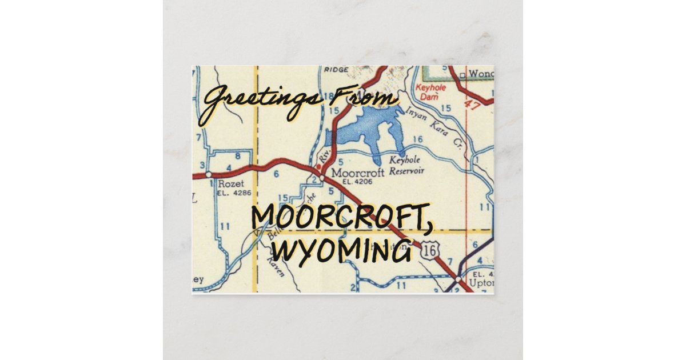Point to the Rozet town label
pos(231,184)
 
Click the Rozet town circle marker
pos(209,173)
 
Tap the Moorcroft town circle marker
pos(322,178)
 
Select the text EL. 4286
pos(231,193)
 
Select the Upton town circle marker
pos(459,279)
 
